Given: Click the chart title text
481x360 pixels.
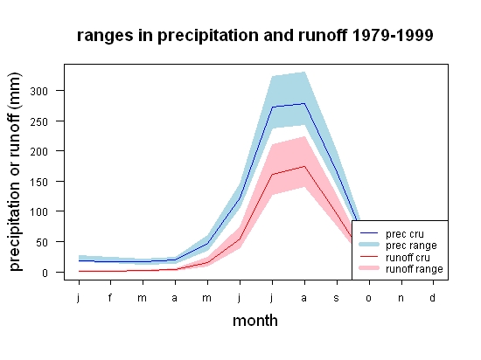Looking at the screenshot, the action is click(254, 36).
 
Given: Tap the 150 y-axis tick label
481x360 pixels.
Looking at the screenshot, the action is click(39, 182).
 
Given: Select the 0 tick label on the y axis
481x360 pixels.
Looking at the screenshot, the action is click(45, 273).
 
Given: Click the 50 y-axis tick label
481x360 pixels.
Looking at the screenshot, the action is click(42, 242).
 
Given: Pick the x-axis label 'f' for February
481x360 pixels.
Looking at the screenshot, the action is click(110, 297).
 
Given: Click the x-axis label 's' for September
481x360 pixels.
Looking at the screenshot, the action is click(337, 298).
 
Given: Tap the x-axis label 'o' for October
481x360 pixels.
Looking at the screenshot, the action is click(369, 298).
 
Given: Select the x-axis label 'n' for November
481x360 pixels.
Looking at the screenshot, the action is click(401, 298).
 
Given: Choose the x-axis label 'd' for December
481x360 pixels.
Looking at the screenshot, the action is click(433, 297).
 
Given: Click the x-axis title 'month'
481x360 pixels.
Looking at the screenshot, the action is click(255, 321).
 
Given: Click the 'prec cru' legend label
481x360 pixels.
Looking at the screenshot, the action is click(405, 234).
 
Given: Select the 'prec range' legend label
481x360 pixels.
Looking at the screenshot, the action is click(411, 246).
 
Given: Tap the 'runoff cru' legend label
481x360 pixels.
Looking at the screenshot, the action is click(408, 258).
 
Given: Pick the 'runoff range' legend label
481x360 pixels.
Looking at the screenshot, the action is click(415, 269).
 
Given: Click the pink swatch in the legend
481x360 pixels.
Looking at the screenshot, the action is click(369, 268).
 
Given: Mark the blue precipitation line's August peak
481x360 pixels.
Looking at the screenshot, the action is click(304, 104).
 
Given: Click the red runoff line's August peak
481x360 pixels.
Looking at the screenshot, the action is click(304, 166).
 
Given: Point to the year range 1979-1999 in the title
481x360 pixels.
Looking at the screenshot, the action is click(393, 35).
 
